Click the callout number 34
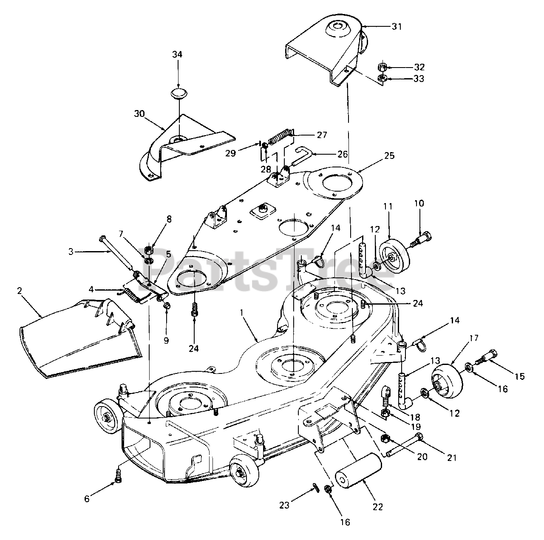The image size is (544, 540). tap(177, 54)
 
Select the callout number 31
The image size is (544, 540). tap(396, 26)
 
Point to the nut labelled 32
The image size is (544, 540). tap(382, 67)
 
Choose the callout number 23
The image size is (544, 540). tap(284, 506)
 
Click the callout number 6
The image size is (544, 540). tap(87, 499)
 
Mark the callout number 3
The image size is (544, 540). tap(71, 251)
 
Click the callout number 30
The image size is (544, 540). tap(139, 114)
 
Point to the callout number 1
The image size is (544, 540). tap(241, 312)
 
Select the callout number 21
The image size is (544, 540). tap(451, 458)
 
